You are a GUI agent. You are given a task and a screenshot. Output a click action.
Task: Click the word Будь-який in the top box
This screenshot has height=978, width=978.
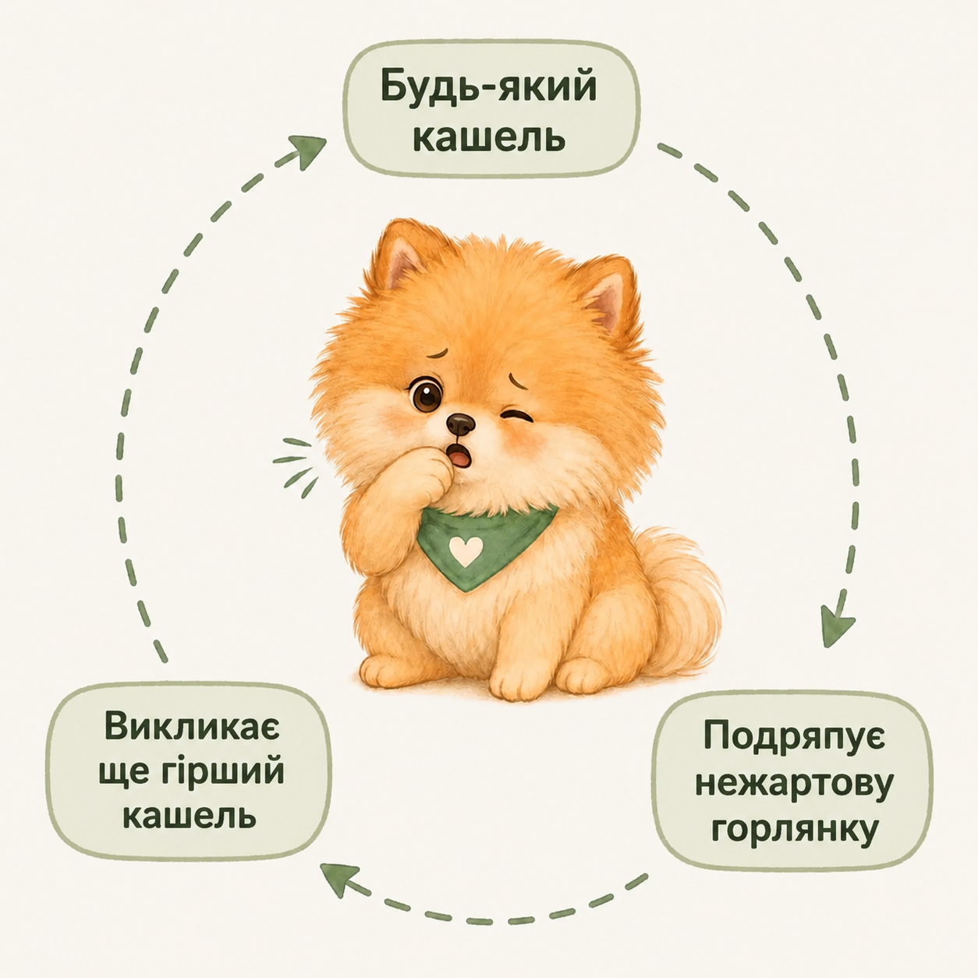click(488, 87)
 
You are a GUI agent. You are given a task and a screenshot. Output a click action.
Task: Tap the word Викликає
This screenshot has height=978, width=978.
click(192, 728)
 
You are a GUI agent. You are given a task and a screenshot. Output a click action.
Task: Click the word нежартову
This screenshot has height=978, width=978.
click(794, 784)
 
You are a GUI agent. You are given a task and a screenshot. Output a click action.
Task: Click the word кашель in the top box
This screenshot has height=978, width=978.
click(489, 137)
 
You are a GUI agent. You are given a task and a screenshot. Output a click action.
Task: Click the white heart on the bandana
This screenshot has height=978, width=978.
click(466, 551)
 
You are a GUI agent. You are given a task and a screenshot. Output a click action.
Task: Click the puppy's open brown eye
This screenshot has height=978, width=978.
click(427, 394)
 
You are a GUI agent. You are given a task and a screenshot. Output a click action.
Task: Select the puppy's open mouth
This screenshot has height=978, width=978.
click(461, 455)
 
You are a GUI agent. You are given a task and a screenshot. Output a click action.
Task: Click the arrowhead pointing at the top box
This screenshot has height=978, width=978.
click(308, 151)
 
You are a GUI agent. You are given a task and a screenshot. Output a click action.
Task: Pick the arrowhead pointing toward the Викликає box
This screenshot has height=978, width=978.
click(341, 881)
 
